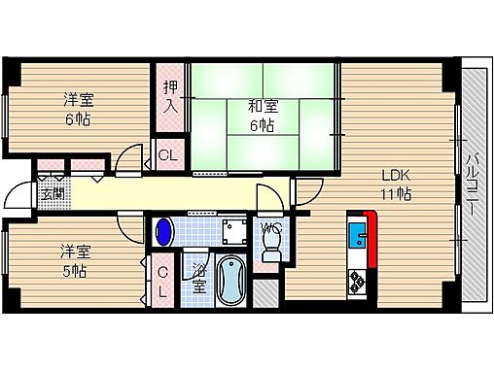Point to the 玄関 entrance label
point(52,192)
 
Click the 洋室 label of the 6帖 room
point(81,98)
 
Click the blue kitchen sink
point(356,237)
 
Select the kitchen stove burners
point(357,281)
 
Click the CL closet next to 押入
point(167,153)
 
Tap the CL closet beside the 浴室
point(162,283)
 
